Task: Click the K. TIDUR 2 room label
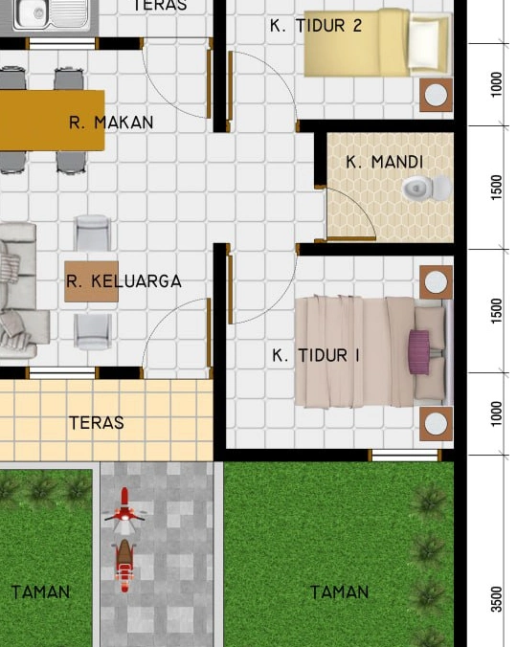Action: [316, 26]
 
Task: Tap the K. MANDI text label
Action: [384, 162]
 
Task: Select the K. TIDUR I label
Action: [316, 355]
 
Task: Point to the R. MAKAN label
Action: [111, 123]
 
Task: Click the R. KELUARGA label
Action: [124, 281]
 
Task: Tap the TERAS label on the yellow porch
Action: [97, 422]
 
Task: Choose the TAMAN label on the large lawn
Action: [339, 592]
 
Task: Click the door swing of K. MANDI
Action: [350, 212]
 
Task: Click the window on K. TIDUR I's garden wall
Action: [403, 455]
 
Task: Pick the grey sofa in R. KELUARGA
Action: [16, 292]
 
